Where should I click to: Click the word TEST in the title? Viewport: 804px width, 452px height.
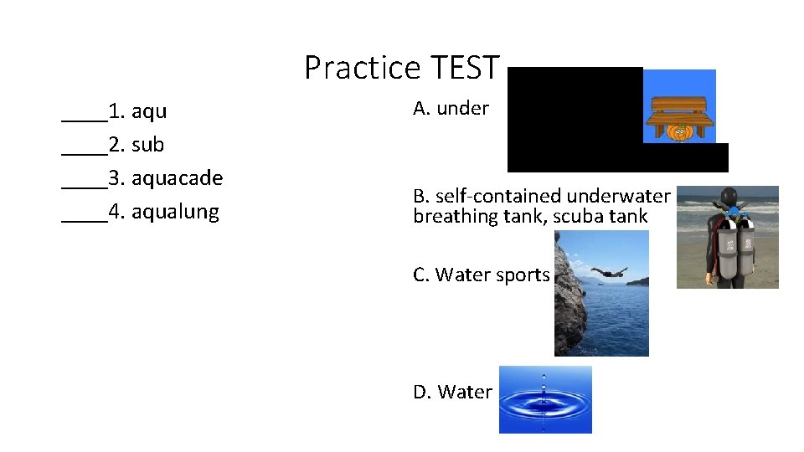pyautogui.click(x=464, y=68)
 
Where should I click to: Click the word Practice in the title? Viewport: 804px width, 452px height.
pyautogui.click(x=363, y=68)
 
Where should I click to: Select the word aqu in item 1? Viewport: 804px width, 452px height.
pyautogui.click(x=149, y=111)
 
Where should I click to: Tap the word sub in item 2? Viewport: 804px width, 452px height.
pyautogui.click(x=147, y=145)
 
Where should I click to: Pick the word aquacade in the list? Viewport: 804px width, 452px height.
pyautogui.click(x=177, y=178)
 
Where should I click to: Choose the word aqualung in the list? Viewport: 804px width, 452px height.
pyautogui.click(x=175, y=212)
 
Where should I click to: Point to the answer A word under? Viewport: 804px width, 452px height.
pyautogui.click(x=462, y=108)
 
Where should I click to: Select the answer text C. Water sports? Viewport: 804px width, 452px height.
pyautogui.click(x=481, y=275)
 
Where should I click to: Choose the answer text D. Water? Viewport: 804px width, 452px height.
pyautogui.click(x=452, y=392)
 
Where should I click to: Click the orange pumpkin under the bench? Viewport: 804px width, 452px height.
pyautogui.click(x=680, y=131)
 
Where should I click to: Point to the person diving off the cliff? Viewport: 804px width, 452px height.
pyautogui.click(x=609, y=271)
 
